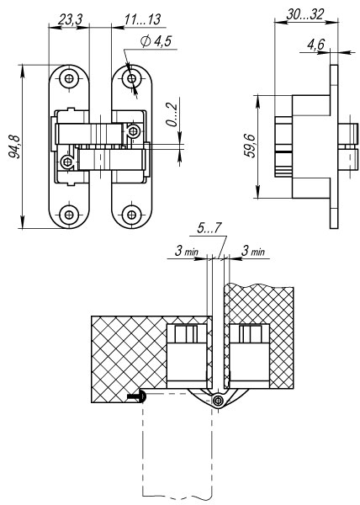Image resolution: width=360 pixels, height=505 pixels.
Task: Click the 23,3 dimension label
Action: point(71,19)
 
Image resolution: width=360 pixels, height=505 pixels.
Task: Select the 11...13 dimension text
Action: point(142,19)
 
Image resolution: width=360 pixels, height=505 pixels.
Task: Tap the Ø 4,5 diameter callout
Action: point(156,41)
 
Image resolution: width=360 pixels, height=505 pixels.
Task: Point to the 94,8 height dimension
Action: point(14,146)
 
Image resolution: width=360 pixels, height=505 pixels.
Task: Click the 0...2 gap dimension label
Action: point(172,115)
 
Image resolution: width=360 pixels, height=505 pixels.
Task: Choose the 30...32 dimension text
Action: point(305,14)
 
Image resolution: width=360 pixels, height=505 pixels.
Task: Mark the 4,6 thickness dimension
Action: point(316,44)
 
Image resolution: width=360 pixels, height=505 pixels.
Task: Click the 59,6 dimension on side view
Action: point(250,146)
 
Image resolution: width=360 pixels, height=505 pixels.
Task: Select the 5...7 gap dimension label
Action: point(209,228)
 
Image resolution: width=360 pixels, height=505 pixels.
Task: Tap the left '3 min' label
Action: point(187,251)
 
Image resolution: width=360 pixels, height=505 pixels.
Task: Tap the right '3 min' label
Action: point(253,251)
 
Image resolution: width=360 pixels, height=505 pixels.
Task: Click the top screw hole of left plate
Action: point(69,78)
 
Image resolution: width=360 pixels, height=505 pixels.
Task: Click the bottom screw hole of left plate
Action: point(69,214)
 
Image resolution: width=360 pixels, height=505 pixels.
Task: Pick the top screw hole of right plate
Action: point(131,78)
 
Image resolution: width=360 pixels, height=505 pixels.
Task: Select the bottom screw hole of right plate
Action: point(131,214)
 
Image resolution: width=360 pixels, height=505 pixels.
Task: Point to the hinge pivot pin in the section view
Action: point(218,401)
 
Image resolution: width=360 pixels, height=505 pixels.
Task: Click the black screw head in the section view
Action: point(137,396)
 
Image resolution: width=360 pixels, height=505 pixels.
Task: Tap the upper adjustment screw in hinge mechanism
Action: point(133,130)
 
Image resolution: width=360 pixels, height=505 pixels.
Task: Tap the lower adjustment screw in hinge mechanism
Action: point(67,162)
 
